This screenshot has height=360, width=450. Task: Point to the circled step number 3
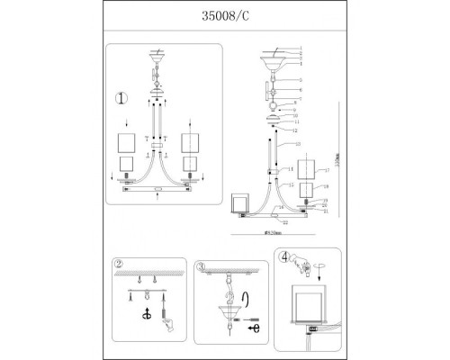(x=202, y=266)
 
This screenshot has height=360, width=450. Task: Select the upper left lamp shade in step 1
(x=127, y=142)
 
